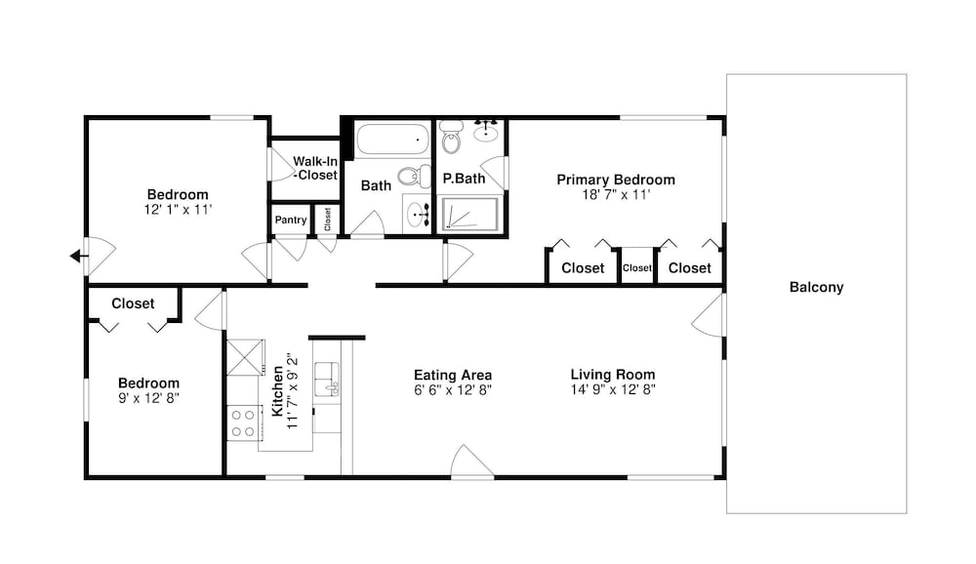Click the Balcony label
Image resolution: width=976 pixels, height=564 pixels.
tap(816, 287)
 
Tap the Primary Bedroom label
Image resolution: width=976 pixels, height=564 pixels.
tap(616, 180)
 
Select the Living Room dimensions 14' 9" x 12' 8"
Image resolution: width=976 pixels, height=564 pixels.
tap(613, 389)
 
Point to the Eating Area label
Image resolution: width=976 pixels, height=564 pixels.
tap(453, 375)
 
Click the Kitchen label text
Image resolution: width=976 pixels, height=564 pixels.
tap(277, 391)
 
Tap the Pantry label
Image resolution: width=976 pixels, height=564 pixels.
tap(291, 220)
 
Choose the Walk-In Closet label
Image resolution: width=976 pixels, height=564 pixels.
tap(315, 168)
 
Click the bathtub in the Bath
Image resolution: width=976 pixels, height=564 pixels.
tap(391, 139)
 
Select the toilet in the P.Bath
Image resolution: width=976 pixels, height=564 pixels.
tap(451, 137)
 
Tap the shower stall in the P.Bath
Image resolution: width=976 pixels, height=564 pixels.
tap(470, 214)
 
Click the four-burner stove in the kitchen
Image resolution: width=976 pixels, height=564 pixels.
tap(243, 423)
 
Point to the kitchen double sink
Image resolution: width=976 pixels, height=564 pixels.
tap(326, 380)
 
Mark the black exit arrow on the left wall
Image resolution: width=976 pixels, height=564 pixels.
tap(78, 256)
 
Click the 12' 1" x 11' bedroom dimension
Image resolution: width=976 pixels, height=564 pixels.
tap(178, 210)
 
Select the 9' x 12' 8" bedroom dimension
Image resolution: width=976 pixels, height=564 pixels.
tap(148, 398)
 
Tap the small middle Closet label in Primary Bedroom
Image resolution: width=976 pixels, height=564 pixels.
tap(636, 267)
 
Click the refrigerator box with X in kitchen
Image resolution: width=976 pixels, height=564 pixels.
tap(245, 357)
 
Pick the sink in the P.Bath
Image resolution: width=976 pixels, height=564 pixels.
tap(485, 131)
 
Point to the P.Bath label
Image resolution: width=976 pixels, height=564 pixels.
tap(464, 179)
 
